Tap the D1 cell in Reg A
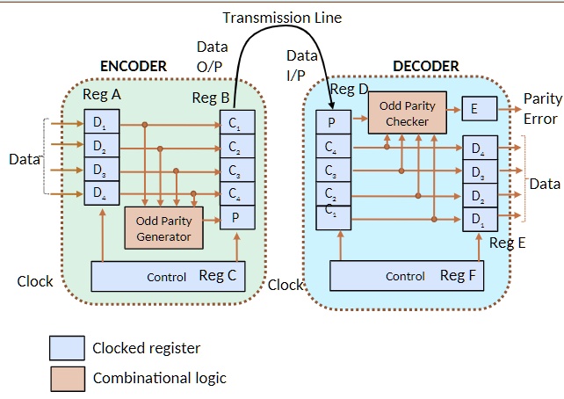click(101, 120)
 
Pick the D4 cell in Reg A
click(101, 192)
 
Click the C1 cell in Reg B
click(236, 122)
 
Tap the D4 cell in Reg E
click(480, 149)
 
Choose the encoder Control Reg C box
click(168, 276)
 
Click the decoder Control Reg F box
click(407, 276)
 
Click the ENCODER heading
click(134, 66)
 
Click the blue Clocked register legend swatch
click(67, 348)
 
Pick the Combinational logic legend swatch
click(67, 378)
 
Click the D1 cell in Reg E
click(480, 219)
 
